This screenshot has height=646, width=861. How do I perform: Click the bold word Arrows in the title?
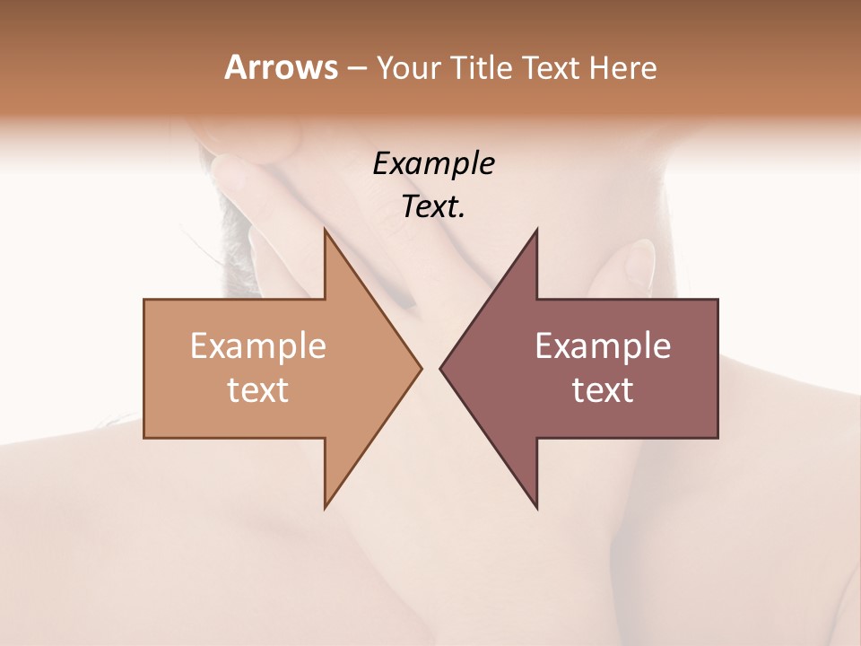point(280,67)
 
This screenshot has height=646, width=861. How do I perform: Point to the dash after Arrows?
point(355,69)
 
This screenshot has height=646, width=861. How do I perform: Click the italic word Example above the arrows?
point(433,164)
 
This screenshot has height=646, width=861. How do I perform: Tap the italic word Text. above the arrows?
point(432,207)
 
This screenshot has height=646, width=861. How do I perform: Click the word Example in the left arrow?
point(258,346)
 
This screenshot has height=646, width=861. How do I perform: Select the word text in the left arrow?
point(258,389)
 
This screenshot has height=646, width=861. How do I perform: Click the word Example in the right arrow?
point(603,346)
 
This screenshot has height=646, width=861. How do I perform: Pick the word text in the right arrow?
point(603,389)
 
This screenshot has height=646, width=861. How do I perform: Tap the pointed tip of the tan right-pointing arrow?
point(420,368)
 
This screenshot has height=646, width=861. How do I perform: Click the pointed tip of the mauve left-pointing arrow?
point(442,368)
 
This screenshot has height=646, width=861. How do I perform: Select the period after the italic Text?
point(462,215)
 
